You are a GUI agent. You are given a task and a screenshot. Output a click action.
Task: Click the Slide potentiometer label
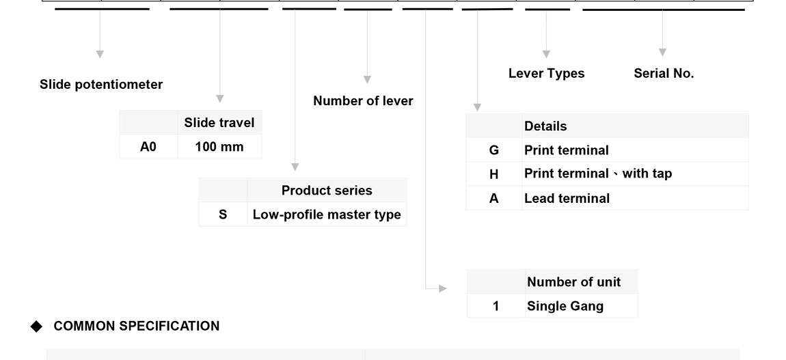101,85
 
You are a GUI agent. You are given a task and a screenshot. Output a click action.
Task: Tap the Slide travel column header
219,123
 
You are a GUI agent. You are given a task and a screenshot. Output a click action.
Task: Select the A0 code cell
148,147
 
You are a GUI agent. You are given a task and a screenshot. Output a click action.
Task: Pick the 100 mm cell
219,147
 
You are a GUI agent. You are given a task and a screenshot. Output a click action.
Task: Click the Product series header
327,191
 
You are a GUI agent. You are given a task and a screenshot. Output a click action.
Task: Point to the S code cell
223,214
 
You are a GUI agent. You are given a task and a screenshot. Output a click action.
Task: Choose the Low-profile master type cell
327,214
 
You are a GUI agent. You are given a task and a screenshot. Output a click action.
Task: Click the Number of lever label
363,101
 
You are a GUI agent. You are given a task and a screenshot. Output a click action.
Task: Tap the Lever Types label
546,74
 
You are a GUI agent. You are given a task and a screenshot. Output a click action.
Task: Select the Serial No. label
664,74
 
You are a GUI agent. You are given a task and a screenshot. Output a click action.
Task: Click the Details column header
545,126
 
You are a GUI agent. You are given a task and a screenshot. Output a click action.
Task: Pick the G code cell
494,150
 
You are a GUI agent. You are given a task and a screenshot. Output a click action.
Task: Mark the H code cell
494,174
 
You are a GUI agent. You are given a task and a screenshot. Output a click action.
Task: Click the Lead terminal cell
567,199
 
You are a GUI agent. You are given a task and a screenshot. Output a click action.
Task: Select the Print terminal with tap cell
597,174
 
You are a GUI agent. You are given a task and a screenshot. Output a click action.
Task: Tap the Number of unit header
573,282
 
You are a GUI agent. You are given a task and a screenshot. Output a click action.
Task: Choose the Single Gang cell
565,306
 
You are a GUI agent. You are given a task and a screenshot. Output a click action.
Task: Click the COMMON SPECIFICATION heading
137,327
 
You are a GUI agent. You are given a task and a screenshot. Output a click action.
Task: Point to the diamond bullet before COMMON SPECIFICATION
36,327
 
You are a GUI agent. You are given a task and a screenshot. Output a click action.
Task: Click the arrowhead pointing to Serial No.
662,52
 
